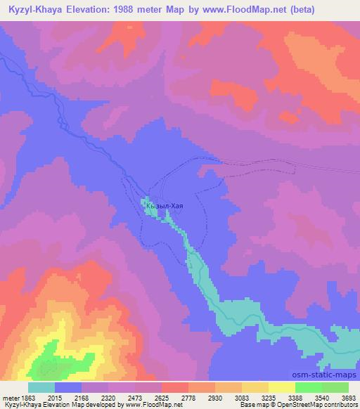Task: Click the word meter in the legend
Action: pyautogui.click(x=13, y=398)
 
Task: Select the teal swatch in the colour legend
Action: pyautogui.click(x=41, y=387)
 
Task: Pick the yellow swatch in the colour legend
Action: pyautogui.click(x=281, y=387)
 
